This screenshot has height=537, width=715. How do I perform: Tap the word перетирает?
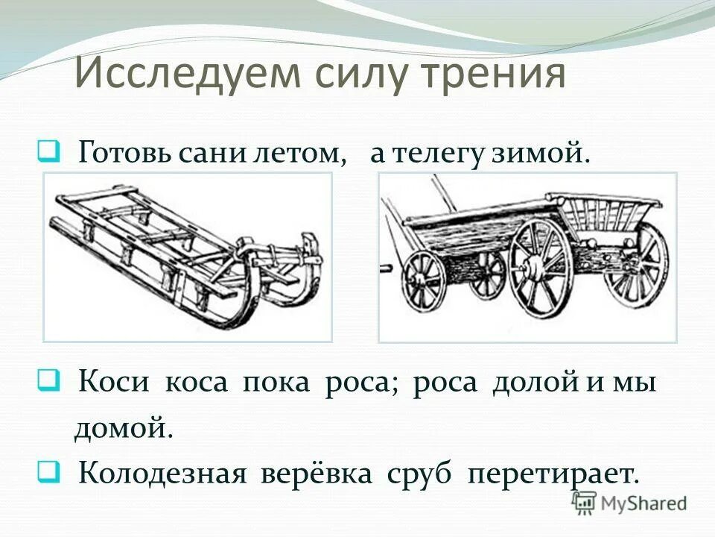click(x=552, y=474)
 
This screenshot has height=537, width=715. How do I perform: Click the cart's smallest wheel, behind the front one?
click(x=489, y=272)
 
